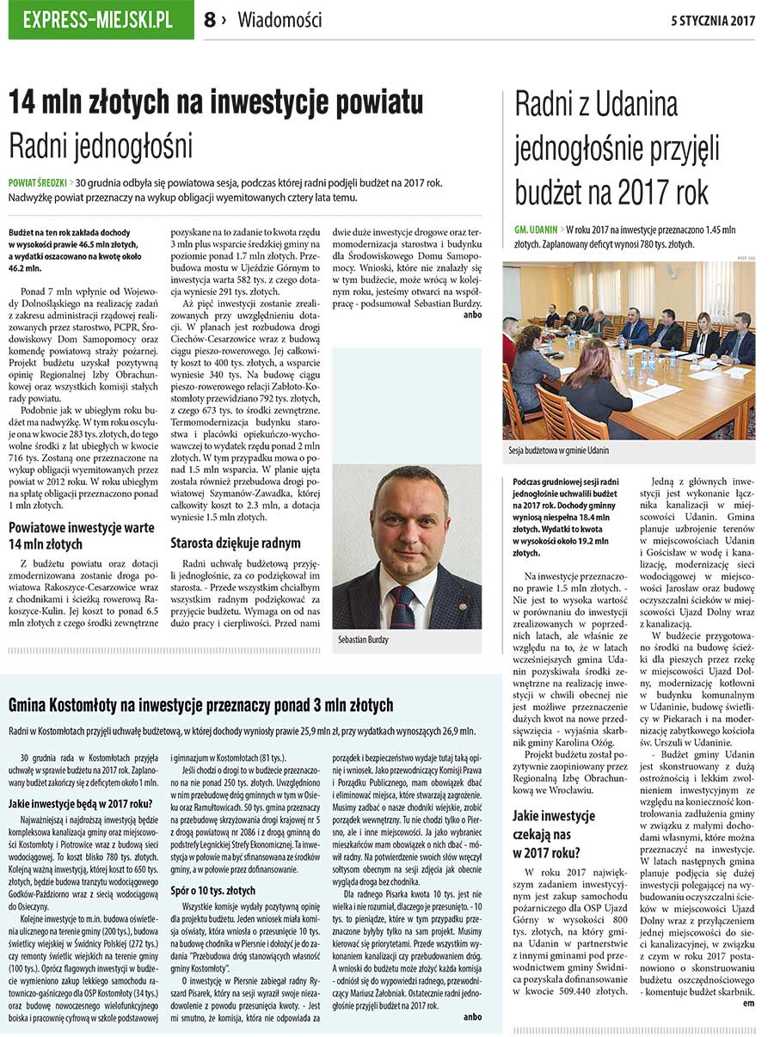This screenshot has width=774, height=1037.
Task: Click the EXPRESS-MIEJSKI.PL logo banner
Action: pyautogui.click(x=101, y=20)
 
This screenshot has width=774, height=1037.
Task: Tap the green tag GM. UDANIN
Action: pyautogui.click(x=536, y=230)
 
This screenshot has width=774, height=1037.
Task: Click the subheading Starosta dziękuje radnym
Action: pyautogui.click(x=236, y=543)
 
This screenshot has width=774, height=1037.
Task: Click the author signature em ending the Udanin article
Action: pyautogui.click(x=748, y=1003)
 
